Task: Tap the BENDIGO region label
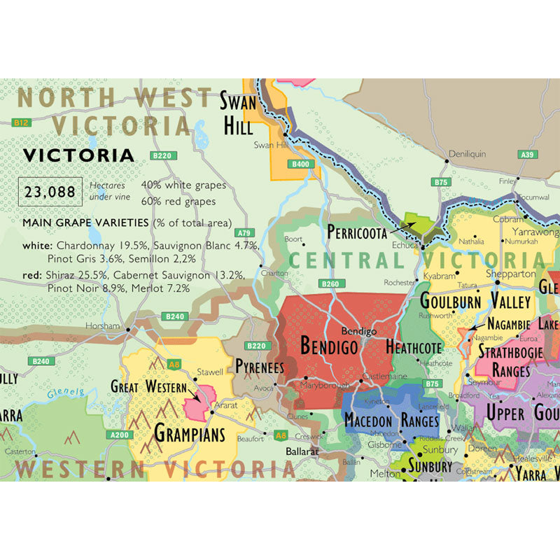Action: coord(329,345)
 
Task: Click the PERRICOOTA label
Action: coord(356,232)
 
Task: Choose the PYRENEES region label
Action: coord(260,367)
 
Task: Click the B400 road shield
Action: coord(300,164)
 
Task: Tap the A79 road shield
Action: coord(244,232)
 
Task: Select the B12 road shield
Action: coord(22,122)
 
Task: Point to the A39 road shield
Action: coord(527,154)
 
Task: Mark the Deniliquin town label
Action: coord(466,153)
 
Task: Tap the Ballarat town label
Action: coord(302,451)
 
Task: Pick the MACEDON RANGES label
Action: coord(391,421)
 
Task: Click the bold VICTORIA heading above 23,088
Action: coord(78,155)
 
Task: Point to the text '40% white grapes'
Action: coord(183,185)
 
